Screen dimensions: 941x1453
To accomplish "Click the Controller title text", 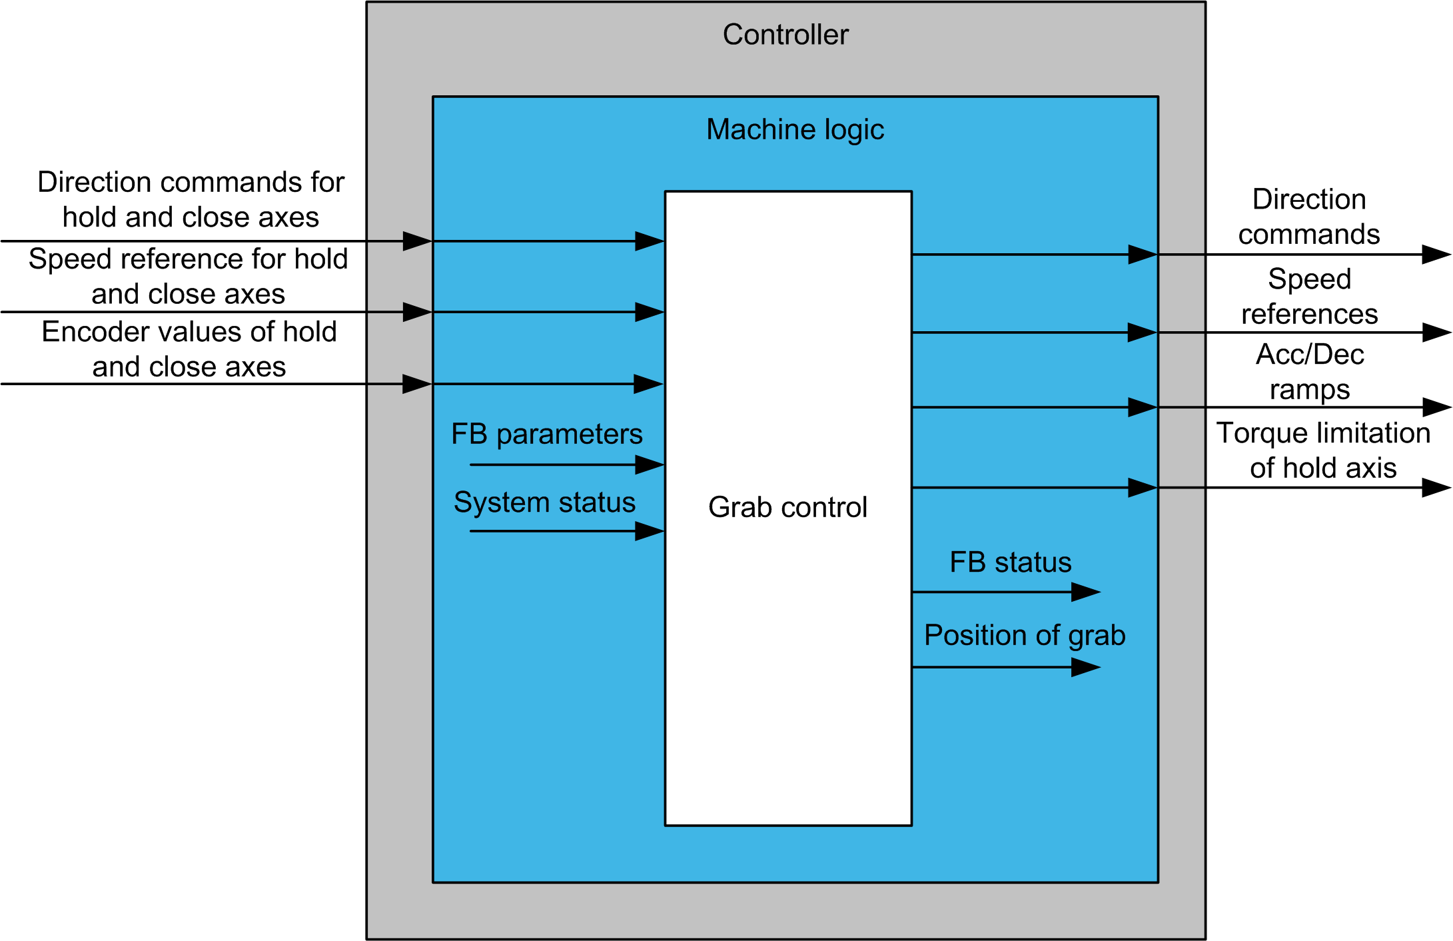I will tap(785, 35).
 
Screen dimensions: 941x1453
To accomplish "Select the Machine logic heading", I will tap(795, 129).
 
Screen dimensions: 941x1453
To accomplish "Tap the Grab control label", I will tap(787, 507).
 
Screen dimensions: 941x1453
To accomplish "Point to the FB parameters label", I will tap(546, 434).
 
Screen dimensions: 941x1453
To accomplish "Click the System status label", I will tap(544, 502).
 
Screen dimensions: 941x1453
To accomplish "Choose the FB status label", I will tap(1010, 562).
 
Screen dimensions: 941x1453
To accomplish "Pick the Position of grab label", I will tap(1024, 635).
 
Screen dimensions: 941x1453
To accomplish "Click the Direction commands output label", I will tap(1308, 217).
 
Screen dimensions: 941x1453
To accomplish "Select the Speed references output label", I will tap(1309, 296).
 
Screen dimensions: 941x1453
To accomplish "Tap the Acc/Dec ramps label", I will tap(1309, 372).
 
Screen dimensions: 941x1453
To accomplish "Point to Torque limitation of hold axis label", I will tap(1323, 451).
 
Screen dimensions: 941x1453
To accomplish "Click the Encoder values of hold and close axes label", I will tap(189, 349).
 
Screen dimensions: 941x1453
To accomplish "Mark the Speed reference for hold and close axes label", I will tap(189, 276).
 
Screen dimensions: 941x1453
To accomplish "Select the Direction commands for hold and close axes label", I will tap(191, 199).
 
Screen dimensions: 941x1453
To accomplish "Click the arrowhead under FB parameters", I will tap(650, 465).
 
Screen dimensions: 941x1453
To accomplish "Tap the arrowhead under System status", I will tap(650, 531).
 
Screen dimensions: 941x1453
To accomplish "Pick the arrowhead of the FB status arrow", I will tap(1085, 592).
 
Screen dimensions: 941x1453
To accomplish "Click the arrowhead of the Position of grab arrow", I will tap(1085, 667).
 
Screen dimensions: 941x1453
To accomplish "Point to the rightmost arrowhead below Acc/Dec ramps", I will tap(1436, 407).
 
